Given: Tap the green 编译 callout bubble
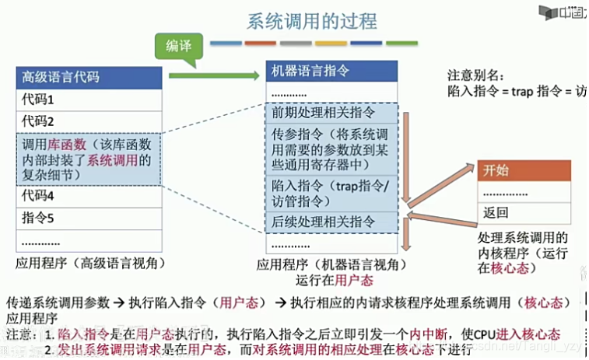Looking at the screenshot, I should pyautogui.click(x=178, y=47).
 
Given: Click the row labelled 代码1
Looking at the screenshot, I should pyautogui.click(x=89, y=100).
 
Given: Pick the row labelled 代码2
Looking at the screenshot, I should pyautogui.click(x=89, y=121).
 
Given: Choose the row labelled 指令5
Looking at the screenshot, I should pyautogui.click(x=89, y=218).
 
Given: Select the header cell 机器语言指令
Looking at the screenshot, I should pyautogui.click(x=331, y=71).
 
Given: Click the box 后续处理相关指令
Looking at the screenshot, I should pyautogui.click(x=331, y=222).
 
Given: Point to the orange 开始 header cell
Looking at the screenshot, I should pyautogui.click(x=524, y=170).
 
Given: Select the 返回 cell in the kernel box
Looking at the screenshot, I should pyautogui.click(x=524, y=212).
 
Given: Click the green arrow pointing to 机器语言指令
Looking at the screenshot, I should pyautogui.click(x=213, y=75).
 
